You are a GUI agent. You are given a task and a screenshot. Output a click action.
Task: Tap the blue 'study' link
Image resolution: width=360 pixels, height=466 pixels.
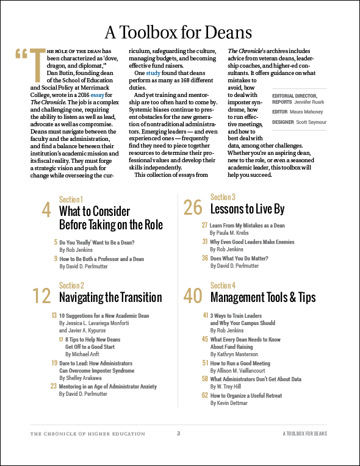pos(153,73)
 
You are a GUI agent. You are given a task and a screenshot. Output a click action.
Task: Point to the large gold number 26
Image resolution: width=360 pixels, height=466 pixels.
pos(192,208)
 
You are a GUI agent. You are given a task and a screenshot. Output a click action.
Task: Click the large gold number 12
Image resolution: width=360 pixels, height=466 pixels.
pos(41,296)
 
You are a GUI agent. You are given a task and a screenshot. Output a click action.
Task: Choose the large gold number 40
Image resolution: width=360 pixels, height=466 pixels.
pos(192,296)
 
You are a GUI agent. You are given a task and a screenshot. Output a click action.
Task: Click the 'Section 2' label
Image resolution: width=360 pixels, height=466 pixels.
pos(71,285)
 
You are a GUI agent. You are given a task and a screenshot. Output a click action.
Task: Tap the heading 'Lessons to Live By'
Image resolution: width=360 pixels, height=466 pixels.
pos(247,209)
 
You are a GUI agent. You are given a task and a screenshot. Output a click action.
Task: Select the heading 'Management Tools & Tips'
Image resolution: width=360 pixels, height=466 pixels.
pos(262,298)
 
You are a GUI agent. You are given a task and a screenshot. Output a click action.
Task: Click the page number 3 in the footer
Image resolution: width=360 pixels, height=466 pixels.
pos(178,434)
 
